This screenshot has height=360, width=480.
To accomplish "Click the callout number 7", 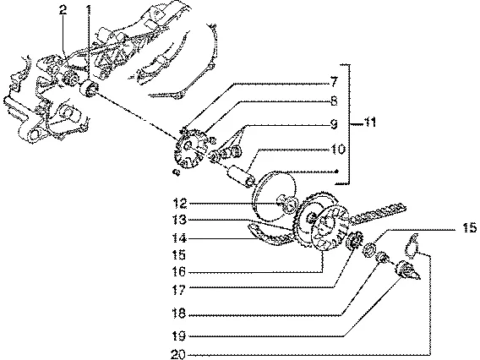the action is pos(334,82).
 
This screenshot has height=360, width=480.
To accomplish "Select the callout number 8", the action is pos(334,101).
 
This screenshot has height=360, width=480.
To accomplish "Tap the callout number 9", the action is pos(334,124).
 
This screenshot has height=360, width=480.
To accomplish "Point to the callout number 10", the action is pos(338,150).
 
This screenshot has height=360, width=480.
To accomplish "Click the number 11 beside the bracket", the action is pos(369,123).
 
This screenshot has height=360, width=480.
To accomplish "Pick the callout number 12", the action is pos(180,204).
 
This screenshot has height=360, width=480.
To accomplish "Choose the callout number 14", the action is pos(180,238).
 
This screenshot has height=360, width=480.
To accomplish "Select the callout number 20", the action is pos(178,355).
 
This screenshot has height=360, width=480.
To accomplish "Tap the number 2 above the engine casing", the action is pos(63,10).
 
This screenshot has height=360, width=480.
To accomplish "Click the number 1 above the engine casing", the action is pos(88,11).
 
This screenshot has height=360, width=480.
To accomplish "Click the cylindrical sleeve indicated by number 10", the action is pos(241,177).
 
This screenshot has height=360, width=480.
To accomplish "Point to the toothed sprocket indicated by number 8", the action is pos(188,150).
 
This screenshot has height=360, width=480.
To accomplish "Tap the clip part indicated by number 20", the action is pos(412,244).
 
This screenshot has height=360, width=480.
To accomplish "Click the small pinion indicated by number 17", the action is pos(354,239).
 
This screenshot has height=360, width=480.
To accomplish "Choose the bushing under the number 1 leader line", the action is pos(89,89).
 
